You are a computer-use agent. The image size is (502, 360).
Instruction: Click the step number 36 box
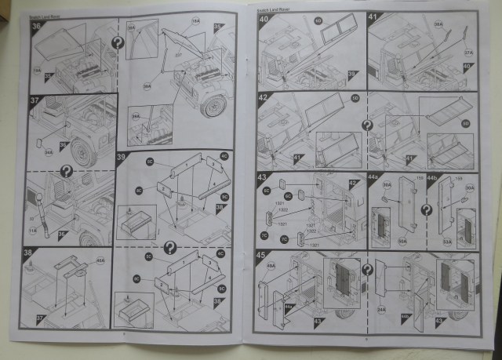pyautogui.click(x=36, y=26)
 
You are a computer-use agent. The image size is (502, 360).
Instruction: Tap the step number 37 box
pyautogui.click(x=35, y=101)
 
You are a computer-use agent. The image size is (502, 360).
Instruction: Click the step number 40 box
pyautogui.click(x=264, y=18)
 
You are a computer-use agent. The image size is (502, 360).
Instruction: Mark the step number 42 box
pyautogui.click(x=264, y=98)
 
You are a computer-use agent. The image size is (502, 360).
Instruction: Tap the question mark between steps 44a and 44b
pyautogui.click(x=426, y=210)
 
